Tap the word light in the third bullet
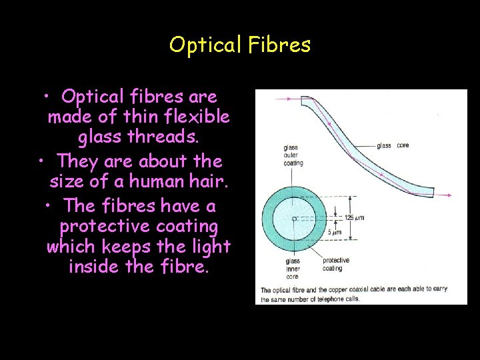210,246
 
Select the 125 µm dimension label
354,217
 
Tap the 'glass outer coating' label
293,155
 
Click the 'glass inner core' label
292,268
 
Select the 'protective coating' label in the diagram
335,264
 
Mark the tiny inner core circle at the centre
294,218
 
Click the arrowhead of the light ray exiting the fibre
450,195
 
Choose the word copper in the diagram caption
363,290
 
